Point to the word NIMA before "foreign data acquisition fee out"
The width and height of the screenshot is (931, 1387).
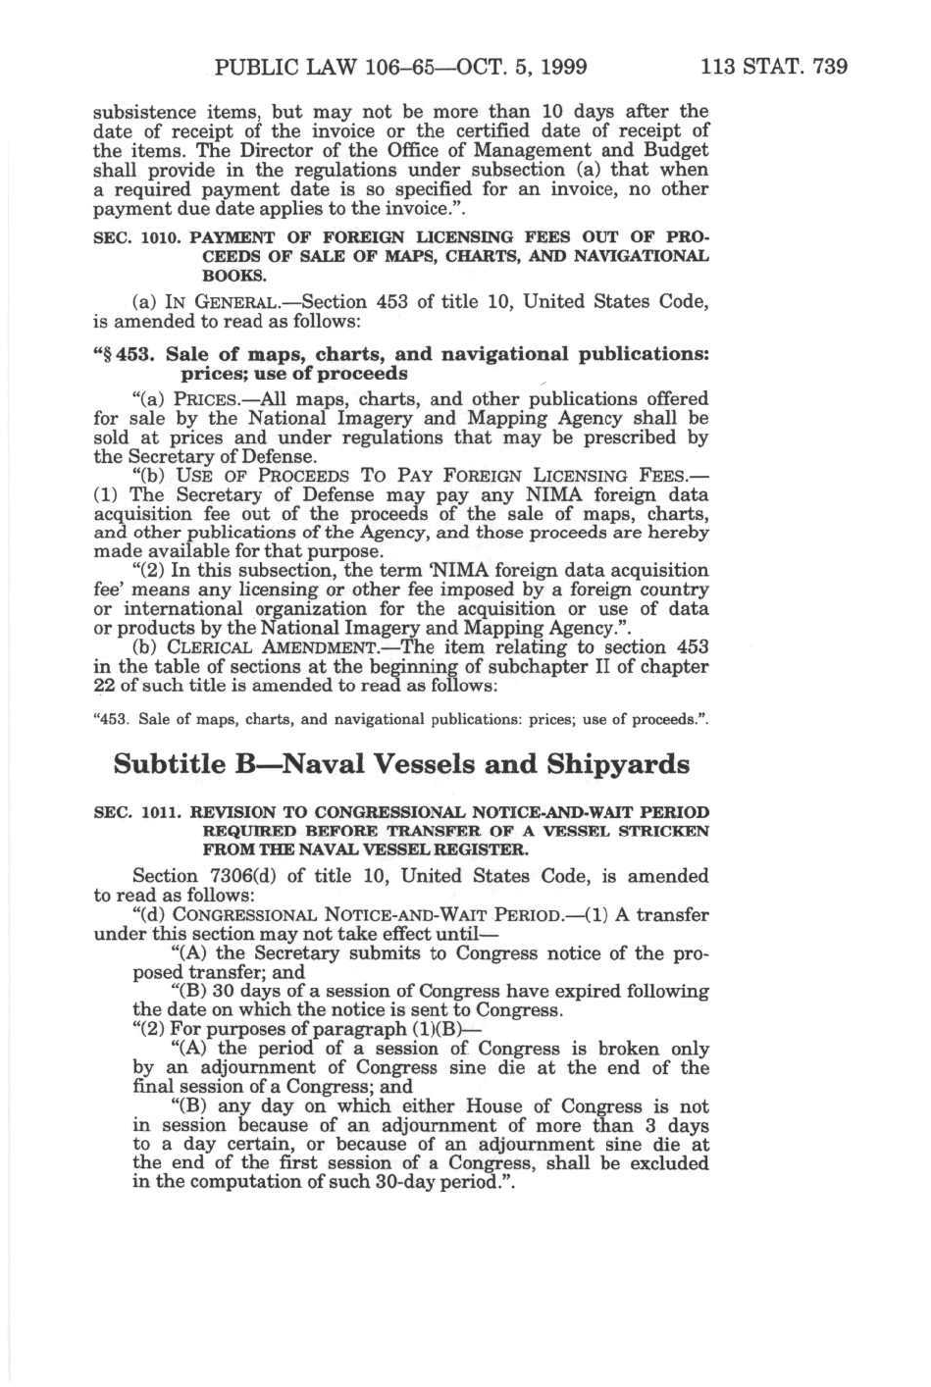pyautogui.click(x=556, y=495)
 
